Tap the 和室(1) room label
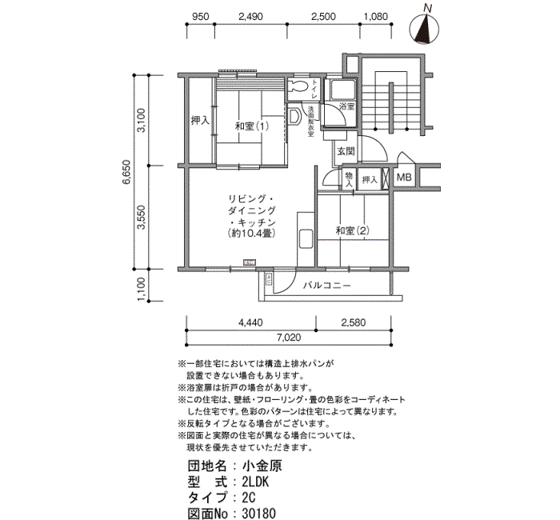pyautogui.click(x=252, y=126)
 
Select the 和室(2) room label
pyautogui.click(x=352, y=231)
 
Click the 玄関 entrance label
pyautogui.click(x=346, y=151)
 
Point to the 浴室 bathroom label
pyautogui.click(x=347, y=106)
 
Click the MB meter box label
pyautogui.click(x=404, y=178)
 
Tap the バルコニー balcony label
pyautogui.click(x=326, y=284)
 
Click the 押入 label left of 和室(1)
pyautogui.click(x=200, y=121)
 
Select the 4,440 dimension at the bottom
pyautogui.click(x=250, y=322)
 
